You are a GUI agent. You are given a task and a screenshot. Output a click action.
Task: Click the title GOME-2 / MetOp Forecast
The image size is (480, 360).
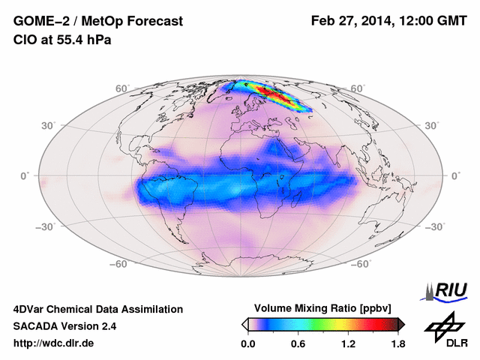click(x=97, y=21)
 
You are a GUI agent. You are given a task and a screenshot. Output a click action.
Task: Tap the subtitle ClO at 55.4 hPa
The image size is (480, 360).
click(x=62, y=39)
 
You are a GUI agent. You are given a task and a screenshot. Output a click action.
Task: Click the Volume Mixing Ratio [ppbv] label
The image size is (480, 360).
click(x=323, y=308)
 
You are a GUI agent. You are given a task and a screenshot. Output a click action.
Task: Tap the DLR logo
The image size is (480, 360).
click(x=445, y=331)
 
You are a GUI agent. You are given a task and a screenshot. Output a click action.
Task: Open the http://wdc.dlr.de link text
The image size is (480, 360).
click(x=54, y=343)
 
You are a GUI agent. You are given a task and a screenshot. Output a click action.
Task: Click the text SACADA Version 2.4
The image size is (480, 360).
click(x=64, y=326)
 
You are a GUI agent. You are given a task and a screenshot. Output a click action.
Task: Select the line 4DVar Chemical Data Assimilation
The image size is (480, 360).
click(x=97, y=309)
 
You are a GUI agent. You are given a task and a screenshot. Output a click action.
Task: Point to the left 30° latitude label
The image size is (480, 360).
click(x=49, y=125)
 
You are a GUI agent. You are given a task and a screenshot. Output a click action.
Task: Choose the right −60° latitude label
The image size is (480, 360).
click(x=361, y=265)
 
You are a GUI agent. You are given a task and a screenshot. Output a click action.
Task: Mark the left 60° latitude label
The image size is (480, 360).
click(x=121, y=88)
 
